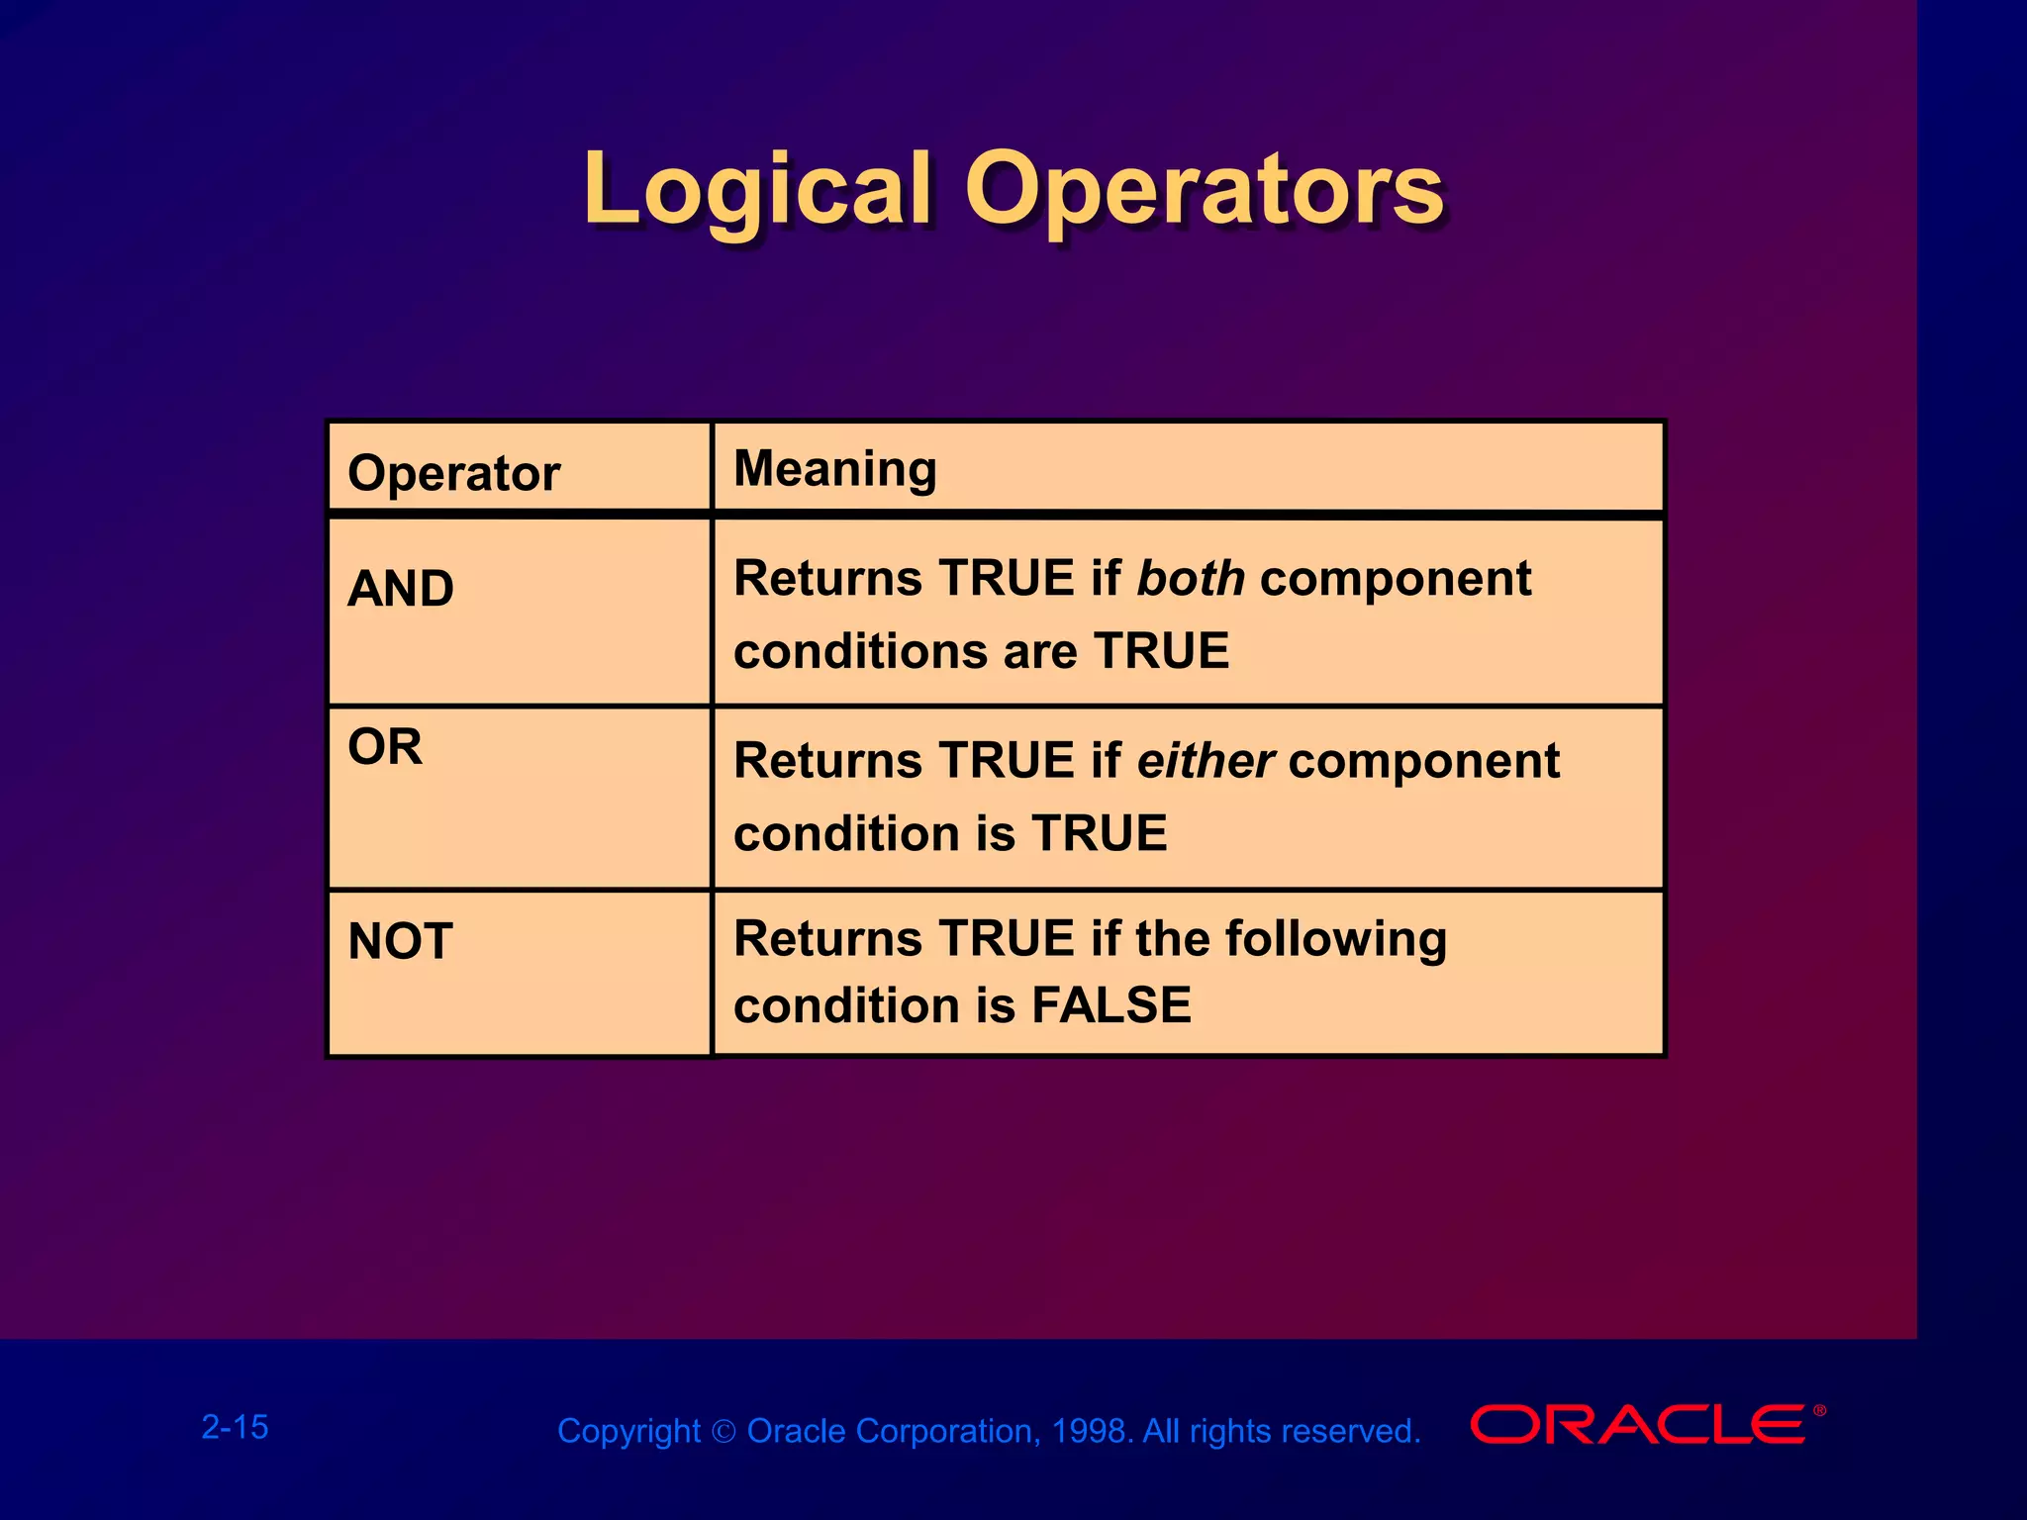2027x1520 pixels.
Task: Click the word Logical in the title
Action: click(x=757, y=190)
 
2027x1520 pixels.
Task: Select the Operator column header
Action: click(x=453, y=473)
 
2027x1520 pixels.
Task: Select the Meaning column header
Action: click(x=834, y=468)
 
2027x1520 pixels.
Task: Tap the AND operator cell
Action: click(x=401, y=589)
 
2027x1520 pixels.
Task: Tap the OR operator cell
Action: click(x=385, y=747)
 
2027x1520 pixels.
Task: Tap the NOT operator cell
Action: click(x=400, y=941)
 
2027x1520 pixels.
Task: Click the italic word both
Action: click(x=1190, y=579)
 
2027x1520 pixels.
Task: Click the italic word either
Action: click(x=1205, y=761)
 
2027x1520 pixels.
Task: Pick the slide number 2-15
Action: click(x=235, y=1427)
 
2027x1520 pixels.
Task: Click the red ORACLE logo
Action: click(x=1638, y=1425)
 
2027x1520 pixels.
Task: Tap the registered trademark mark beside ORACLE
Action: click(x=1819, y=1410)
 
